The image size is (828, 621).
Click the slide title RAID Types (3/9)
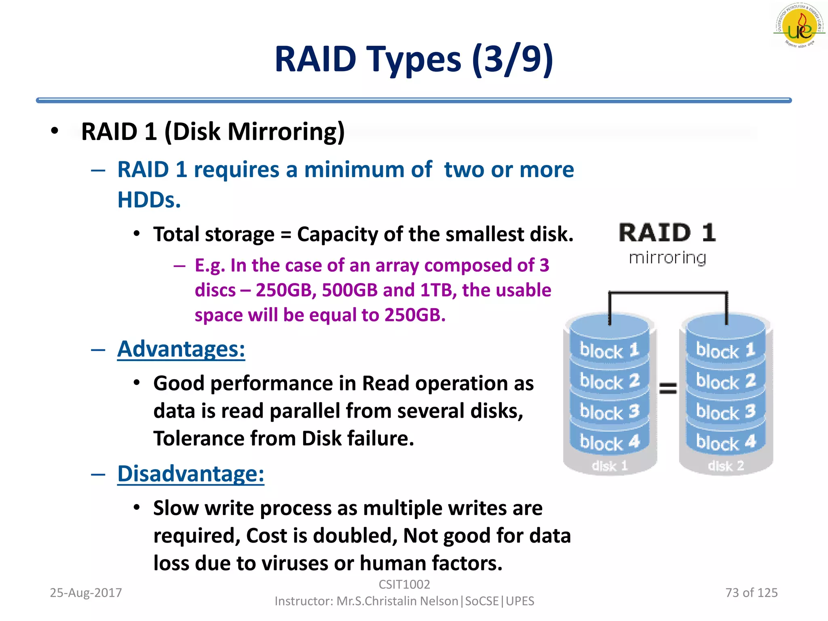(x=414, y=59)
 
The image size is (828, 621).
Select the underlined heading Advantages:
(x=181, y=349)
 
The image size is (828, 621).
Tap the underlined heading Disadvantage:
(x=190, y=474)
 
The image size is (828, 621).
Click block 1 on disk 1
(x=609, y=350)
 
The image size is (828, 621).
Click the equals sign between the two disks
(x=668, y=389)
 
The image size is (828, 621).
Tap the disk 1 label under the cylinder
(x=610, y=466)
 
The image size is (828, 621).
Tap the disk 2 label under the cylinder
(x=726, y=466)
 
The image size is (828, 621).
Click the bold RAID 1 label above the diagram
(x=667, y=233)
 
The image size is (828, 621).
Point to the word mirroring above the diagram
(x=667, y=258)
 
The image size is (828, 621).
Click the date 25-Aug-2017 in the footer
(x=86, y=593)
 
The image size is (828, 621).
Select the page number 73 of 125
(x=751, y=593)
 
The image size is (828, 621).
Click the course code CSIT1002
(x=404, y=585)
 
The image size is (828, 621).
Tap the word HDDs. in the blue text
(x=149, y=200)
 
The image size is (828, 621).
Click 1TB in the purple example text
(x=438, y=290)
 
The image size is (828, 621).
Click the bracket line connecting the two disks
(x=668, y=292)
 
